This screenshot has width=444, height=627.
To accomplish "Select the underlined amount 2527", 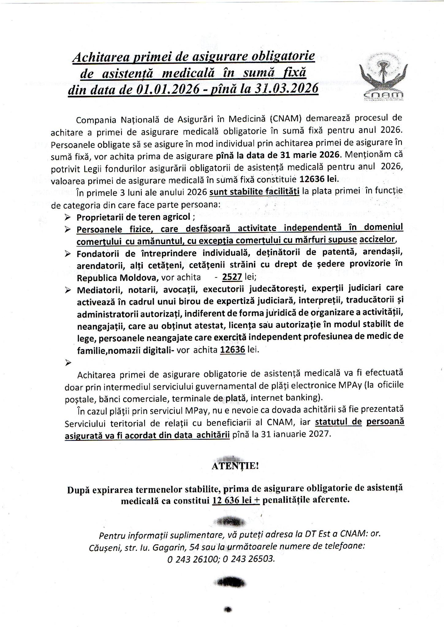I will click(232, 277).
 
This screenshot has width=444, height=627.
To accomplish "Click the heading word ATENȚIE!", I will click(235, 466).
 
